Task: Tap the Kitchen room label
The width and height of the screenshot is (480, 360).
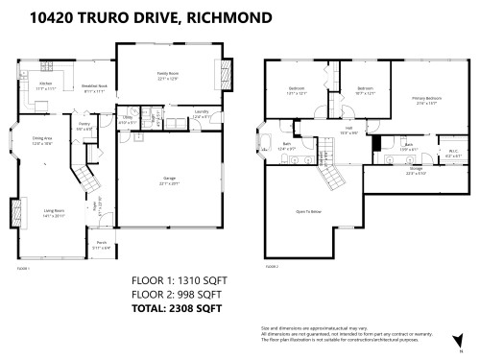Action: click(x=45, y=84)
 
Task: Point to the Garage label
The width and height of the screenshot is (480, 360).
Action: click(x=168, y=179)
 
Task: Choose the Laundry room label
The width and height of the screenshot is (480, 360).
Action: click(x=202, y=112)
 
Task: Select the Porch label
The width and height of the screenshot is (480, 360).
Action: click(x=100, y=244)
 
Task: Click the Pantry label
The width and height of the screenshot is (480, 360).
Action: click(x=84, y=125)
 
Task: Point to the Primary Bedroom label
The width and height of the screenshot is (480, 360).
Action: click(x=427, y=98)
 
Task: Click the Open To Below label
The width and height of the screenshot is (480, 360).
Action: click(x=307, y=210)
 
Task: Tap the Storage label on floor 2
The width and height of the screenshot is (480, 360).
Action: click(x=388, y=170)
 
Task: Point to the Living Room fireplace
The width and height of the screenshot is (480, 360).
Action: click(x=13, y=211)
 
